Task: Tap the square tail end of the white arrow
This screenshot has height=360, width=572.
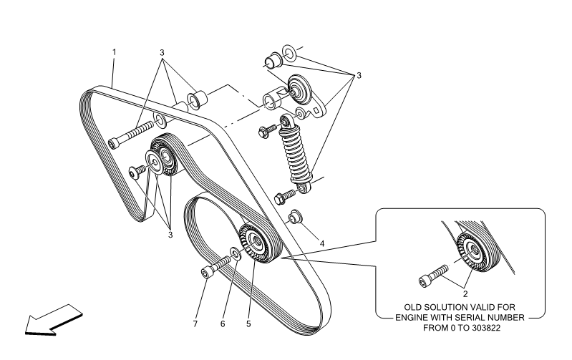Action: [x=74, y=310]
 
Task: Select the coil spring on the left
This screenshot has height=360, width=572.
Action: [x=221, y=263]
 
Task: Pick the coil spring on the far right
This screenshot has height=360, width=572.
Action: [x=439, y=273]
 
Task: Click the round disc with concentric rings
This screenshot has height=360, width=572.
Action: [x=154, y=162]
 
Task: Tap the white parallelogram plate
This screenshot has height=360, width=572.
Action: [x=170, y=112]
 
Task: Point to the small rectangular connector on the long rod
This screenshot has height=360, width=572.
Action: [x=264, y=105]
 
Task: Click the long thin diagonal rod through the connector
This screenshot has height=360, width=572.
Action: [x=243, y=117]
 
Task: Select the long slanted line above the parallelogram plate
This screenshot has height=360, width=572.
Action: [x=148, y=94]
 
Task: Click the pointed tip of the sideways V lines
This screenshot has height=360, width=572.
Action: [x=278, y=258]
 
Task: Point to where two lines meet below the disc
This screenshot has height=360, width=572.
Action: [x=167, y=223]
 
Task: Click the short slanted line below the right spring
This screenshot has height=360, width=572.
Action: [x=467, y=279]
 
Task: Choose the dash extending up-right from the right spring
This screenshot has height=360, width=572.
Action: [x=465, y=255]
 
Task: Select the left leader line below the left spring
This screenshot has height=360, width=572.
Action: [x=230, y=290]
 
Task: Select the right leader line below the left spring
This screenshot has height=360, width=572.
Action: [x=251, y=290]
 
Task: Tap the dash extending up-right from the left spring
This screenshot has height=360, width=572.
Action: [x=248, y=247]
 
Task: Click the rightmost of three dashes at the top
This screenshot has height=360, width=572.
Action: [x=299, y=49]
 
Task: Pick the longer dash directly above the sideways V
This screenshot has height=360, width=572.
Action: [x=317, y=180]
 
